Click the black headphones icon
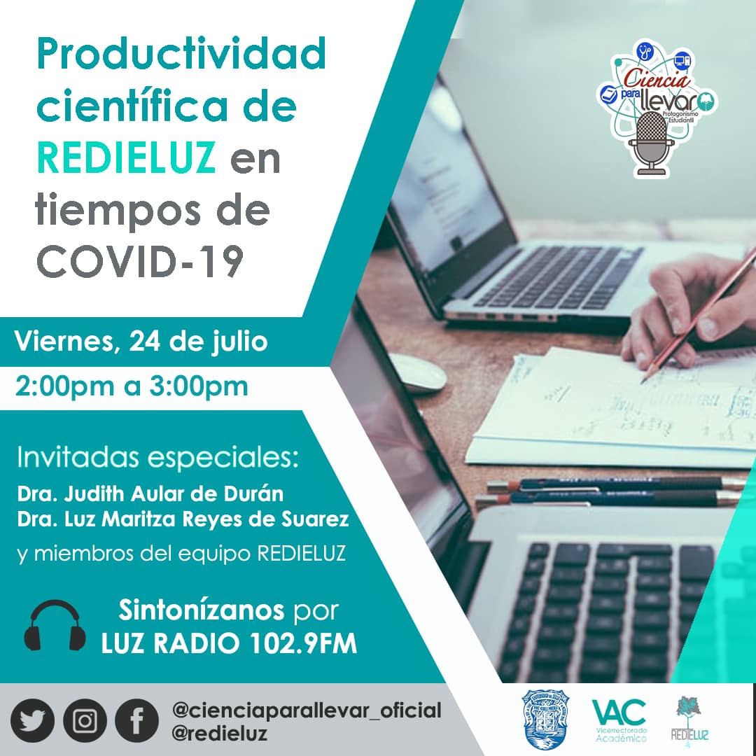coord(55,625)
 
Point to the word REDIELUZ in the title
coord(126,159)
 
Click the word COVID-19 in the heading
coord(140,261)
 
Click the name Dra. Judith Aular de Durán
coord(150,493)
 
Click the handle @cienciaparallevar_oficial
coord(307,710)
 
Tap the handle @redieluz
coord(219,732)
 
